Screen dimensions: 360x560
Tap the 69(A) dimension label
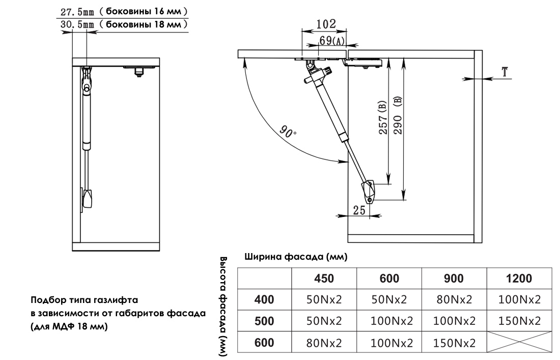(332, 40)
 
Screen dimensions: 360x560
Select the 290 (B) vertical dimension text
(398, 115)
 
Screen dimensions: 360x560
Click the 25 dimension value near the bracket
(359, 210)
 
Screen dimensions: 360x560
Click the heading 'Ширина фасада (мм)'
(296, 257)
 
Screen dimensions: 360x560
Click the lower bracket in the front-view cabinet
(87, 198)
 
